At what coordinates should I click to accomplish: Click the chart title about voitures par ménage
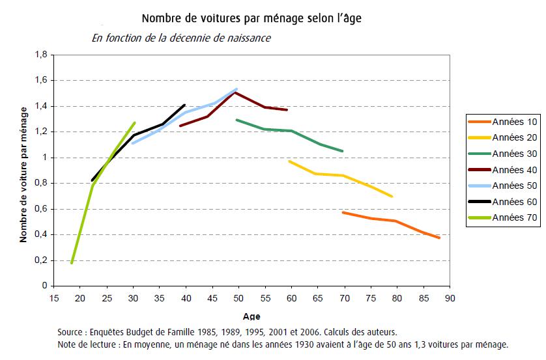click(251, 18)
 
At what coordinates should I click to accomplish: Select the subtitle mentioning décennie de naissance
click(181, 38)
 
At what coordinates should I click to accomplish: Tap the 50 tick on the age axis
click(238, 298)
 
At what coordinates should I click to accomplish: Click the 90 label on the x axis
click(450, 298)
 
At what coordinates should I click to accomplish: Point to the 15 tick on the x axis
click(54, 298)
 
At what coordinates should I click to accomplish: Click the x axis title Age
click(251, 316)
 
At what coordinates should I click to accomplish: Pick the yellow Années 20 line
click(339, 174)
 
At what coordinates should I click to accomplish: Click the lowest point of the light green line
click(71, 262)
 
